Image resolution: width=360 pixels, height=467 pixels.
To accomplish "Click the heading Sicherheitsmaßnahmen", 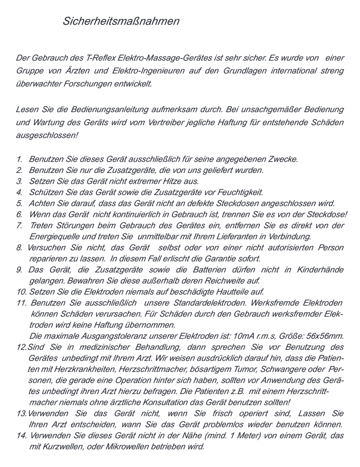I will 121,21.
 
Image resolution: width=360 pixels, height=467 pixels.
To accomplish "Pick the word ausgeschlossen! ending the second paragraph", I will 47,136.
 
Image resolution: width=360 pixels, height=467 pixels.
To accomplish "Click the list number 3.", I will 19,181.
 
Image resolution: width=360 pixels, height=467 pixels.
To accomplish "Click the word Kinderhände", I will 320,270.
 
